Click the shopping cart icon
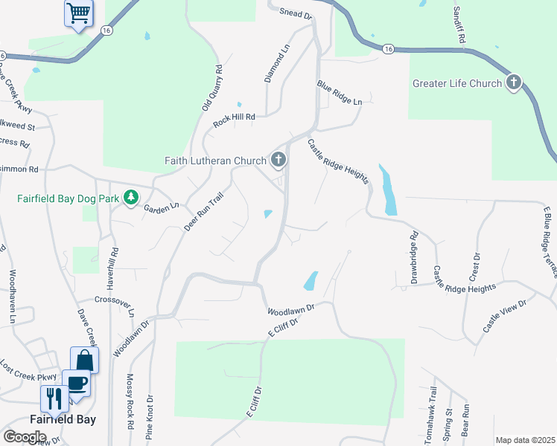coord(77,13)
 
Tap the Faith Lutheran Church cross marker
coord(278,159)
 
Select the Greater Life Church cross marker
coord(514,83)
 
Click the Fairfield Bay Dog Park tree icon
coord(132,197)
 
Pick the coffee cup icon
coord(76,383)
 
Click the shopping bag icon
coord(84,360)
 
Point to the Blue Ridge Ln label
coord(339,92)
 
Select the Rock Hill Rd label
coord(235,120)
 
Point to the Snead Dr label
coord(296,13)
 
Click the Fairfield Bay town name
coord(63,419)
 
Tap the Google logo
coord(25,436)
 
